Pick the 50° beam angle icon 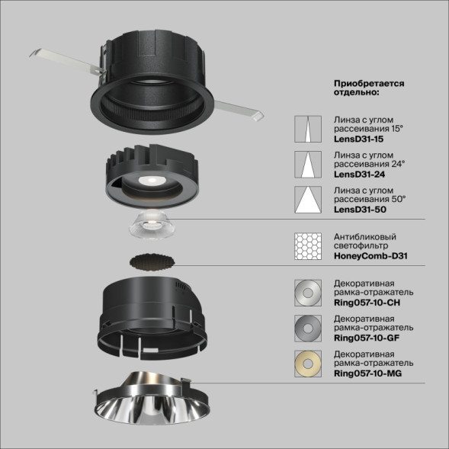tap(307, 200)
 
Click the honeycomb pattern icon tap(307, 245)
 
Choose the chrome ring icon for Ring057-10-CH tap(307, 293)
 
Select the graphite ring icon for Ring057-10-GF tap(307, 327)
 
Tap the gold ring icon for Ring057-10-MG tap(307, 363)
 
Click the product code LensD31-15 tap(358, 140)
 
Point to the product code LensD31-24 tap(358, 175)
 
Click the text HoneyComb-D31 tap(370, 256)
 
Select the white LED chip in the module tap(151, 179)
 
